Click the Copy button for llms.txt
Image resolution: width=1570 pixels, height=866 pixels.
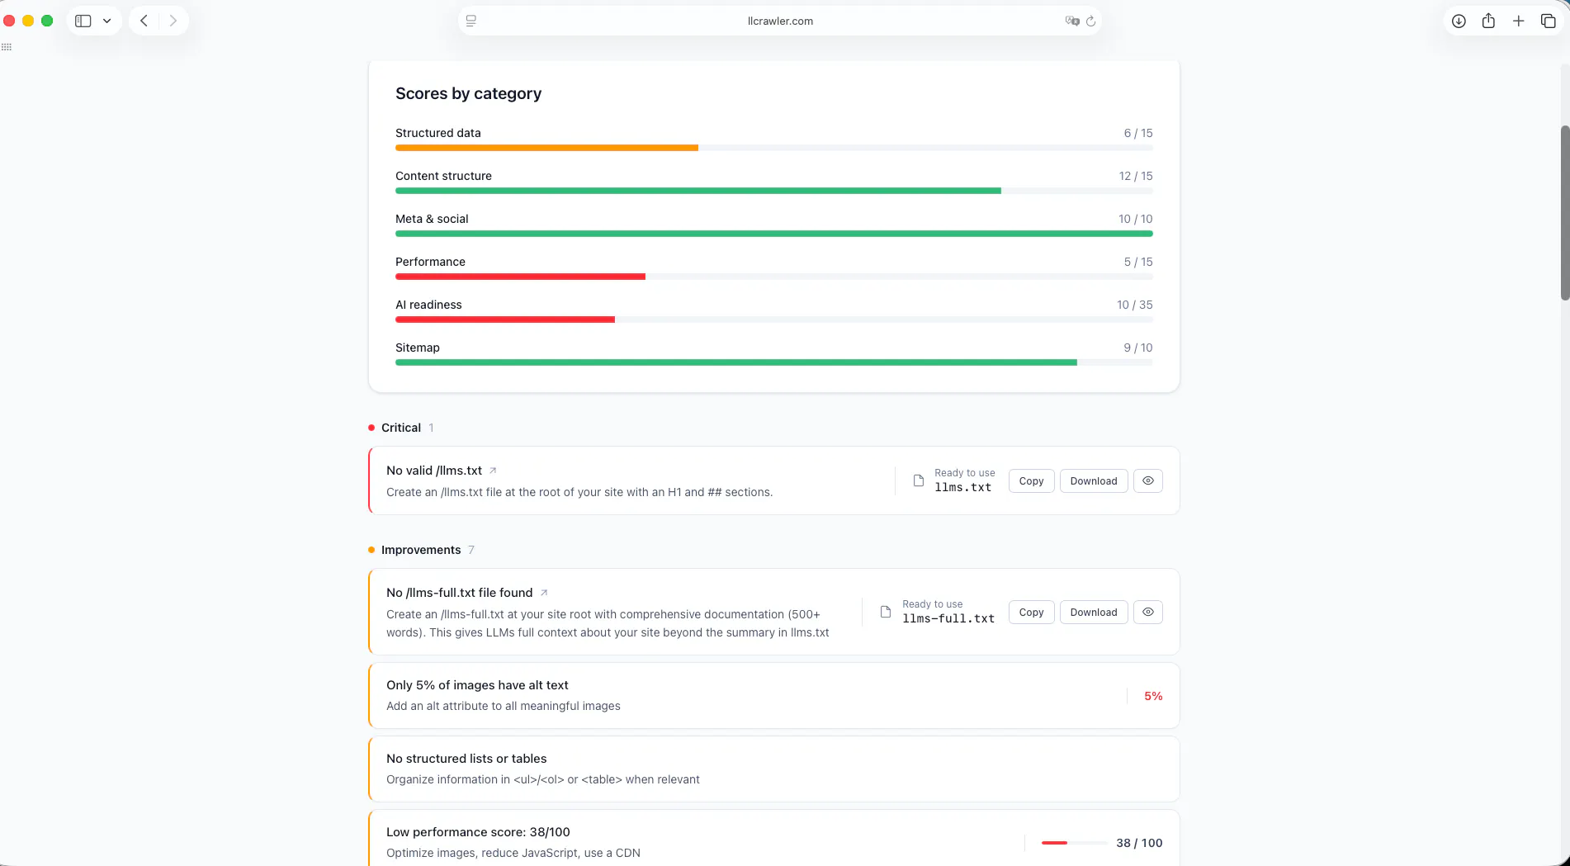tap(1031, 481)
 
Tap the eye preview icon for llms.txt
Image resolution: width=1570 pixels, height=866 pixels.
tap(1147, 481)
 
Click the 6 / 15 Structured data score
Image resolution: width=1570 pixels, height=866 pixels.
tap(1137, 133)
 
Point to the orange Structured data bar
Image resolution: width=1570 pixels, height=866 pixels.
tap(546, 148)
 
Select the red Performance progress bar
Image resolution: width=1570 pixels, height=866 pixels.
tap(520, 277)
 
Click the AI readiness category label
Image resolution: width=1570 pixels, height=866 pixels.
tap(428, 305)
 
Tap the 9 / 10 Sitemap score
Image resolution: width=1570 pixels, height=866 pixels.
tap(1137, 348)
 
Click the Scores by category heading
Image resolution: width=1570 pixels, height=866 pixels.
tap(468, 93)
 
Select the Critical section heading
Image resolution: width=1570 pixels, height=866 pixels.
tap(401, 428)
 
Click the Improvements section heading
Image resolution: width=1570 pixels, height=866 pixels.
tap(421, 550)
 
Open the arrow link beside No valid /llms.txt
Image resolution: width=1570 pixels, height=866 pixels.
tap(493, 471)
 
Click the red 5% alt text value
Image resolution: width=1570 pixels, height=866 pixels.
tap(1153, 696)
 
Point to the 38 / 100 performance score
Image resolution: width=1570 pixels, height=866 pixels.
tap(1139, 843)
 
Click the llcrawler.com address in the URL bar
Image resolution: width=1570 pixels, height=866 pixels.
tap(780, 21)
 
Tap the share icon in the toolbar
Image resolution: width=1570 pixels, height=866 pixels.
tap(1488, 21)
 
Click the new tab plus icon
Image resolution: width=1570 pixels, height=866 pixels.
tap(1518, 21)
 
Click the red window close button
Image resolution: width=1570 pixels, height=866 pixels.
tap(9, 21)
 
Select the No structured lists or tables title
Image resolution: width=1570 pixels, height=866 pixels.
tap(466, 759)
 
